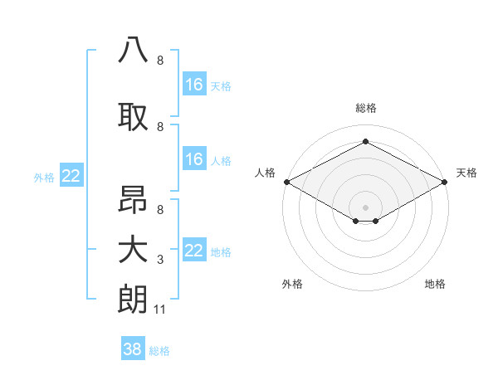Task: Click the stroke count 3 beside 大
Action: point(160,260)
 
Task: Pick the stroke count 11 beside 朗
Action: point(160,310)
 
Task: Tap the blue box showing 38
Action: point(133,349)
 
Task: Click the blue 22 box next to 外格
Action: point(71,175)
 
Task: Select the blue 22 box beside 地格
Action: point(193,250)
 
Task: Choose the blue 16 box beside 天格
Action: point(193,84)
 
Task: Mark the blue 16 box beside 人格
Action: point(193,158)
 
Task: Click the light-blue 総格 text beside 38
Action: point(159,351)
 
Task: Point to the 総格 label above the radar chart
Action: point(365,108)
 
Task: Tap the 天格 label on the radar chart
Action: point(466,173)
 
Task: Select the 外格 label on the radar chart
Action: point(292,284)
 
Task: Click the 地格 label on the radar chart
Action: point(435,284)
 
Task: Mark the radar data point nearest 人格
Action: point(286,181)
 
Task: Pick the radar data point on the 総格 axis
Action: point(365,141)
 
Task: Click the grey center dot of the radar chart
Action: point(365,206)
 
